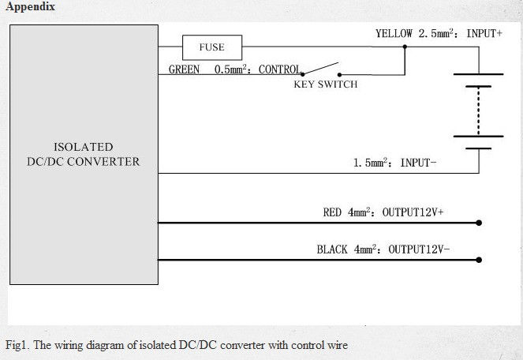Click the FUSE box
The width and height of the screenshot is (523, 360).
point(211,47)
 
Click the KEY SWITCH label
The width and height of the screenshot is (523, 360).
point(325,84)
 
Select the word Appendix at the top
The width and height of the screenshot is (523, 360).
point(30,7)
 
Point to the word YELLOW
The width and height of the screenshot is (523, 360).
point(393,34)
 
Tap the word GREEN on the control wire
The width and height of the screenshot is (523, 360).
point(184,69)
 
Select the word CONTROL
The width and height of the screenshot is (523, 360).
point(278,69)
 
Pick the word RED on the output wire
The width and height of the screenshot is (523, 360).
point(332,212)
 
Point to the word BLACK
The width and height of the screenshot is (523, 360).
point(331,249)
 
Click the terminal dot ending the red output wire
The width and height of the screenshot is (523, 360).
point(479,223)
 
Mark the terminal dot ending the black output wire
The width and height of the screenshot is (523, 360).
point(479,260)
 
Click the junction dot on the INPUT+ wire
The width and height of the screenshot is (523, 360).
point(405,47)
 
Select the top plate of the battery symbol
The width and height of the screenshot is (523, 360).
point(478,74)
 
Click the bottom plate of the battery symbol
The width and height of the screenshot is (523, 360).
point(478,146)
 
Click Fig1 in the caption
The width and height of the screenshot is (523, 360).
point(16,345)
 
